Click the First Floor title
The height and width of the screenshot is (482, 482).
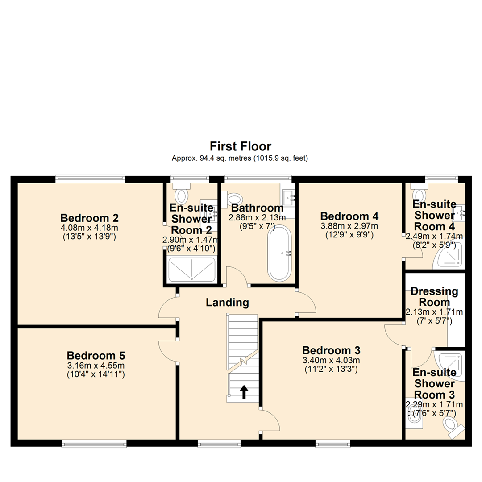click(241, 146)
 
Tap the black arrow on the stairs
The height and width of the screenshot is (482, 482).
click(244, 392)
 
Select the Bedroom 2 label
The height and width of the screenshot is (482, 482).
click(89, 218)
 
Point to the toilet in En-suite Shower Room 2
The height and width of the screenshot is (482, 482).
click(181, 195)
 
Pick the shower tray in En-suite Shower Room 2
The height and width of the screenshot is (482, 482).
click(191, 270)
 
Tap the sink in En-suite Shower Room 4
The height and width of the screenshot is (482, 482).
click(459, 212)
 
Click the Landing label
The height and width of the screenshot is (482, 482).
click(227, 303)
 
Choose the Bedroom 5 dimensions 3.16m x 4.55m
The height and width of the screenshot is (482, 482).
click(96, 366)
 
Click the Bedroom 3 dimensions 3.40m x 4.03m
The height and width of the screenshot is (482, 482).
click(331, 360)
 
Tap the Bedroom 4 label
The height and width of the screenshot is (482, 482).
click(349, 216)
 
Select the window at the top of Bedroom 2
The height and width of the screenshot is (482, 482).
click(90, 179)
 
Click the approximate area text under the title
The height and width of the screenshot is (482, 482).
click(241, 158)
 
